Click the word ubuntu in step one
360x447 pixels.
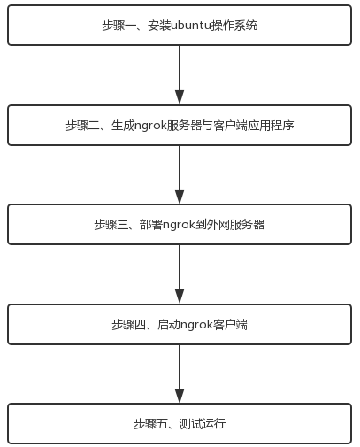[x=191, y=26]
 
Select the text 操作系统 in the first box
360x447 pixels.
[x=234, y=26]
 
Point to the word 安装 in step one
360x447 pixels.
[x=159, y=26]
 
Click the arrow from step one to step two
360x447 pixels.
[x=180, y=74]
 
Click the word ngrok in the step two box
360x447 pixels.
[x=150, y=126]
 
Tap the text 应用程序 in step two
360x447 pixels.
[x=271, y=126]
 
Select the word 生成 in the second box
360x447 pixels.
[x=123, y=126]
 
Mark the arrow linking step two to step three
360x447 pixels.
[x=180, y=174]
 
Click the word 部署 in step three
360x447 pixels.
[x=151, y=225]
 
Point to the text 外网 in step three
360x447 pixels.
[x=218, y=225]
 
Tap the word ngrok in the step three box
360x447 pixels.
[x=179, y=225]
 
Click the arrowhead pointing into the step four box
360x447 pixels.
[x=180, y=297]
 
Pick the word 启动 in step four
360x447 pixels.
[x=169, y=325]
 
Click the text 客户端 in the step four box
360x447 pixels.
[x=230, y=325]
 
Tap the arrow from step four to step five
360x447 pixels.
[x=180, y=374]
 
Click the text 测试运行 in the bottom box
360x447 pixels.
[x=203, y=424]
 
